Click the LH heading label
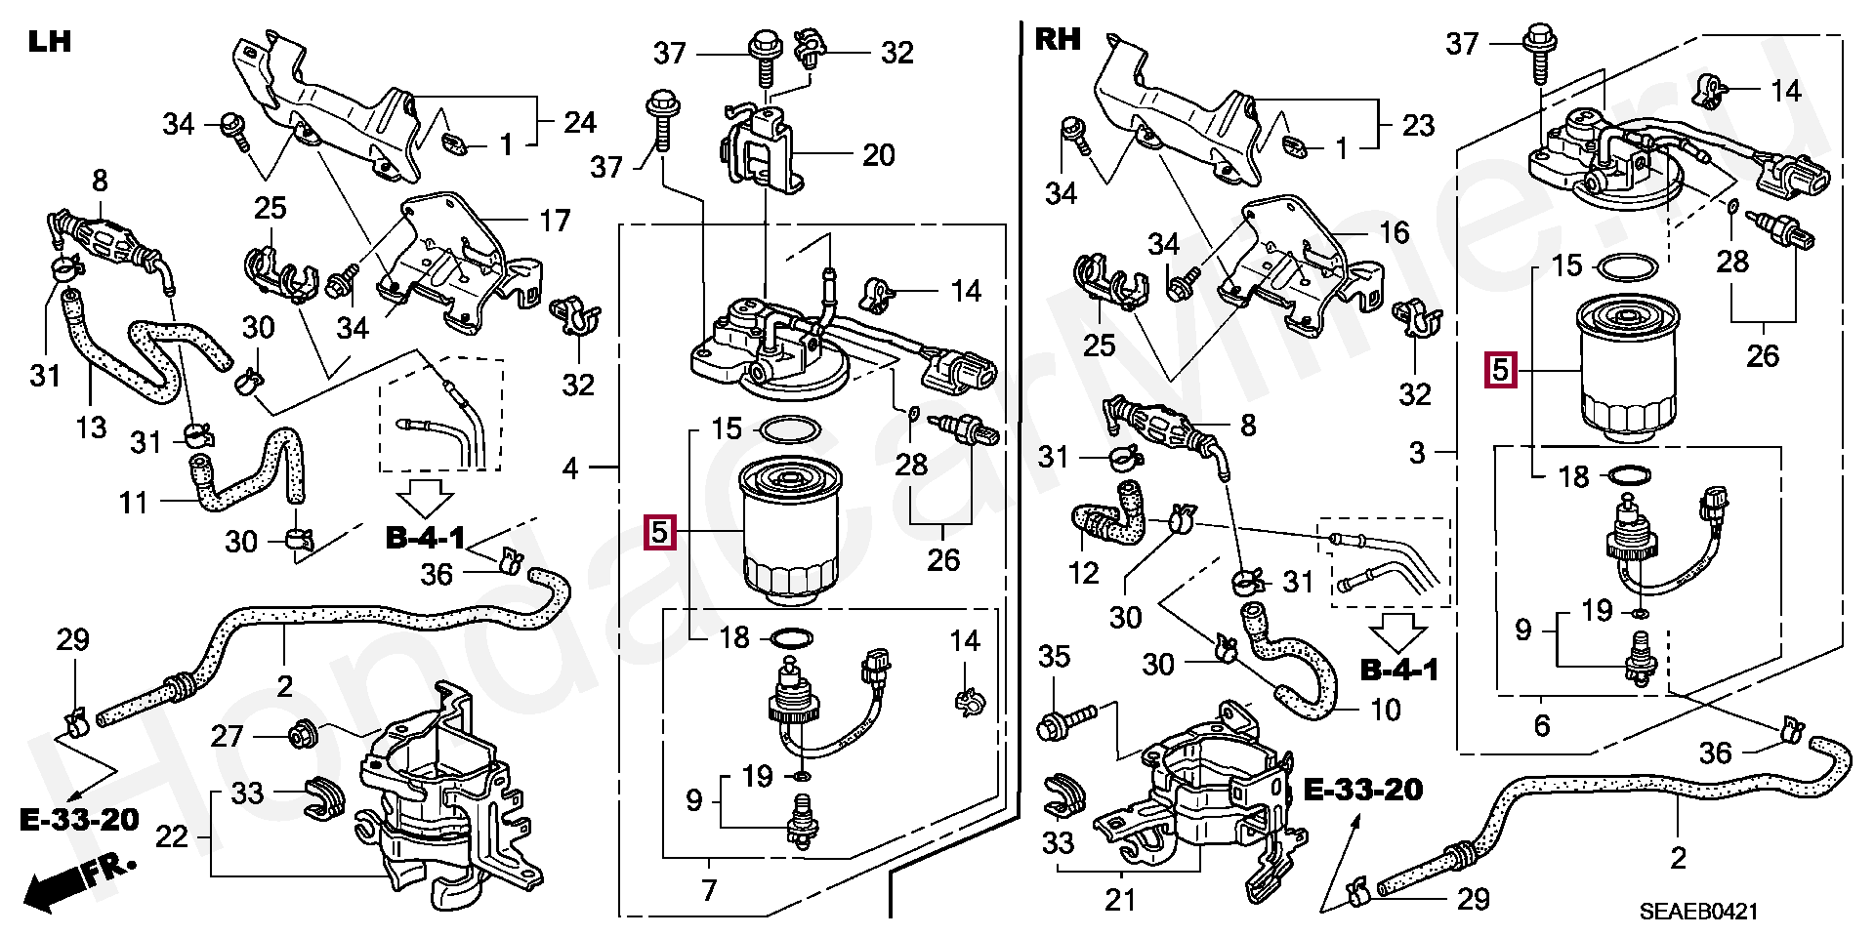click(49, 42)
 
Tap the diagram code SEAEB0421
click(1698, 912)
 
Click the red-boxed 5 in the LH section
click(659, 532)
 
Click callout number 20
click(878, 155)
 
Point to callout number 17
click(555, 222)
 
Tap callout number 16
click(1394, 232)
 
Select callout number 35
click(1055, 657)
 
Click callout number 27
click(227, 735)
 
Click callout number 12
click(1083, 573)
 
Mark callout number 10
click(1386, 710)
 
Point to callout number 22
click(172, 836)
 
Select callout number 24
click(579, 122)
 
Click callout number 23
click(1418, 125)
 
